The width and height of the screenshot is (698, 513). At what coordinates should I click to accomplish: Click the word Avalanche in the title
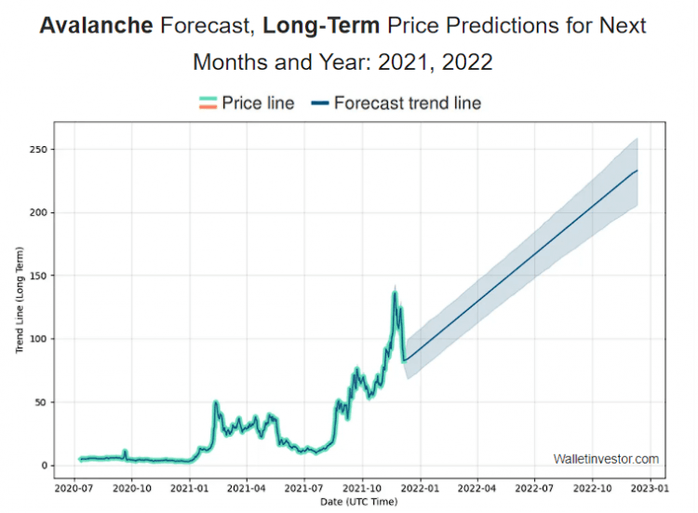click(96, 25)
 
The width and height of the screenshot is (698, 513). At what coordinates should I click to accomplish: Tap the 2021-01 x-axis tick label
click(190, 487)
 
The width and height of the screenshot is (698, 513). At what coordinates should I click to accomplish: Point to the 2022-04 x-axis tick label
click(477, 487)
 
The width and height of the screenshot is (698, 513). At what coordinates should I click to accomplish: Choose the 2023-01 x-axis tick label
click(650, 487)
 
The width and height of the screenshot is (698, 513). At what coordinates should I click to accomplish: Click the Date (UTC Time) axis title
click(358, 502)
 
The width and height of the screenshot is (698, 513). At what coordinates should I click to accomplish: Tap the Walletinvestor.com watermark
click(606, 459)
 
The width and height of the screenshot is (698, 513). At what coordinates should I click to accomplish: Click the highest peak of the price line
click(395, 292)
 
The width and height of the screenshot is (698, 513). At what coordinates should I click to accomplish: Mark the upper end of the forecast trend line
click(637, 170)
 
